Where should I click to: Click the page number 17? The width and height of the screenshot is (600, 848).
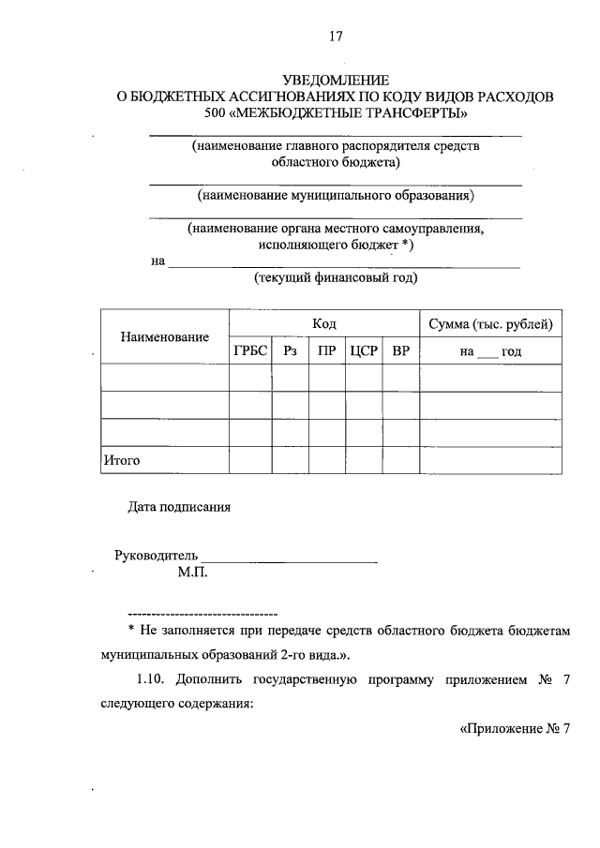coord(336,37)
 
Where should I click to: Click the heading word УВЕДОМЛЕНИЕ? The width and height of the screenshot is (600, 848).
coord(336,81)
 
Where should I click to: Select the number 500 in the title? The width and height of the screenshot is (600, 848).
coord(216,113)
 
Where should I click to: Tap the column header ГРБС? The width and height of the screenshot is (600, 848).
coord(250,351)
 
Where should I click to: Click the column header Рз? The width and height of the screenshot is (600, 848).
coord(290,351)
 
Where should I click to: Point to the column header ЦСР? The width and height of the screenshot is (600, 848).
coord(363,351)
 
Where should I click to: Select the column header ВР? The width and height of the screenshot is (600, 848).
coord(400,351)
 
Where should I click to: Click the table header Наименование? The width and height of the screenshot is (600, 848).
coord(164,337)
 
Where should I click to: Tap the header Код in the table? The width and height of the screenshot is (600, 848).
coord(324,323)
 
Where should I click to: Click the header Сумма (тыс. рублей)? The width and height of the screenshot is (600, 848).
coord(490,323)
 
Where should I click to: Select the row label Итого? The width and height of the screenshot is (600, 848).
coord(121,460)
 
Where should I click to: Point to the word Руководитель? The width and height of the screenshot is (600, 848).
coord(156,555)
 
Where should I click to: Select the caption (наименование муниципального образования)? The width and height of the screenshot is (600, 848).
coord(336,196)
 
